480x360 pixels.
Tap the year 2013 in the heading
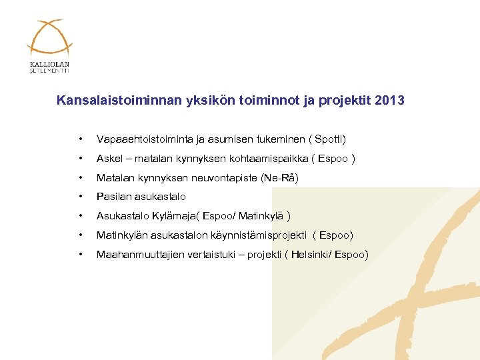pyautogui.click(x=389, y=101)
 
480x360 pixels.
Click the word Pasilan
pyautogui.click(x=113, y=197)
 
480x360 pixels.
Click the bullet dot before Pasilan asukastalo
pyautogui.click(x=81, y=197)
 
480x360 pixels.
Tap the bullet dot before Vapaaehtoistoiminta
pyautogui.click(x=81, y=139)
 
